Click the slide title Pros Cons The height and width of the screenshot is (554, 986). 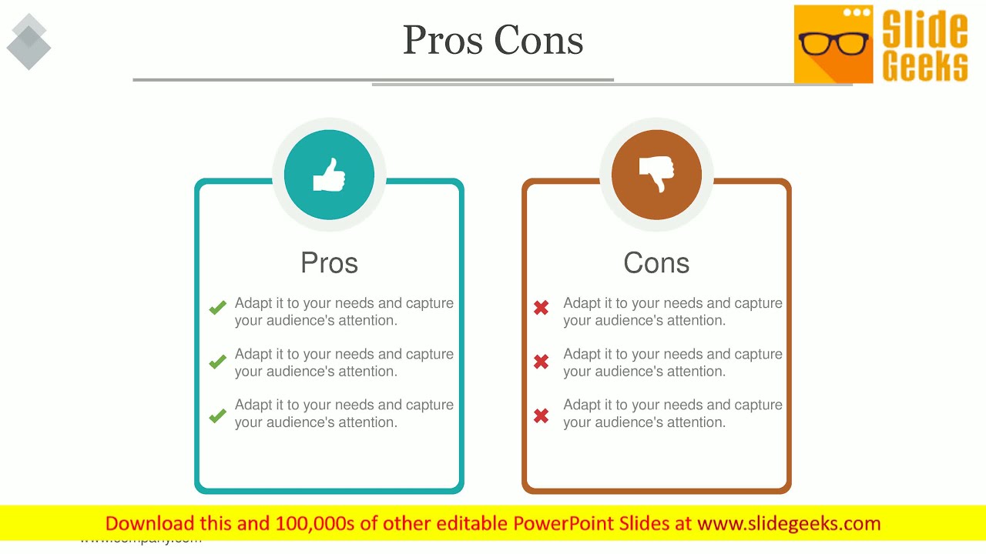click(493, 40)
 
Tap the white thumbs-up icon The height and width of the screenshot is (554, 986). click(329, 175)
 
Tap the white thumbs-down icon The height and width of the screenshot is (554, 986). click(656, 175)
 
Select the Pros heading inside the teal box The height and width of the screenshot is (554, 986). click(329, 263)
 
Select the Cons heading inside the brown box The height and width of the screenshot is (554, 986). click(656, 263)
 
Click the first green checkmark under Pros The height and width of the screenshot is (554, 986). click(217, 309)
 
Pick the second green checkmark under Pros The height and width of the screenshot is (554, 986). click(217, 361)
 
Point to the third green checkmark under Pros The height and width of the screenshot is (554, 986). click(217, 416)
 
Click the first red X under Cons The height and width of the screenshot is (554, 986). click(541, 309)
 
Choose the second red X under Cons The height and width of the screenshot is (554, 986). click(541, 361)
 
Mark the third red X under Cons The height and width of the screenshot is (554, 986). click(541, 416)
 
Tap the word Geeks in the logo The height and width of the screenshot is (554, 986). click(924, 66)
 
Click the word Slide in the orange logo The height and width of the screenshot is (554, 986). click(924, 29)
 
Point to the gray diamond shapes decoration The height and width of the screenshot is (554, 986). click(29, 42)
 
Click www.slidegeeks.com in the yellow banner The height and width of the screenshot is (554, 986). click(789, 524)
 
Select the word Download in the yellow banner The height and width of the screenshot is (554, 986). click(149, 524)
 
